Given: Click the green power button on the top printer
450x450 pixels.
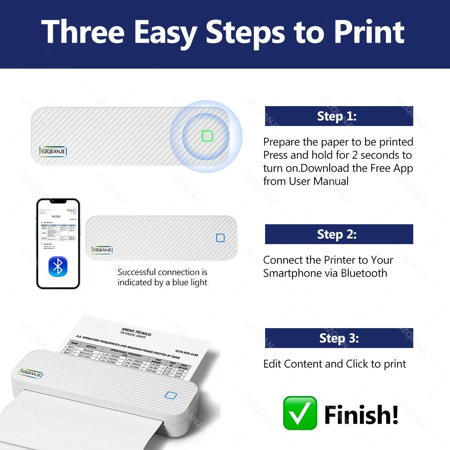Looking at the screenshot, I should point(207,136).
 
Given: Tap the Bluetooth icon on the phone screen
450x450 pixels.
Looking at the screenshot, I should point(58,267).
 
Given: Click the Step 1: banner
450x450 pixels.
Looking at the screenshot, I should point(339,116).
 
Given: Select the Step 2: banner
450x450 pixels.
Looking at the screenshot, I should point(339,234).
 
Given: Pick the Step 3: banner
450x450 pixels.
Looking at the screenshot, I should point(339,338).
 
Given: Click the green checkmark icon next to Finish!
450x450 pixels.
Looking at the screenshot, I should point(300,413).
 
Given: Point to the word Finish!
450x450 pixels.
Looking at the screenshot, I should point(361,415).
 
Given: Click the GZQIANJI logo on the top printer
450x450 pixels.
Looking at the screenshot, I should point(53,151).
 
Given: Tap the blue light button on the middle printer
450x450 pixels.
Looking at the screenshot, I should point(220,238).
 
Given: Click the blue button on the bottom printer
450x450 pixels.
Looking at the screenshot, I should point(171,395).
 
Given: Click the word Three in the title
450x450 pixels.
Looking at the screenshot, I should point(83,32).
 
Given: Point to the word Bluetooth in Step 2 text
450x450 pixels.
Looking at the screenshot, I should point(364,273).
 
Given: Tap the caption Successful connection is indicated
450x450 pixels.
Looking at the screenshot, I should point(162,277).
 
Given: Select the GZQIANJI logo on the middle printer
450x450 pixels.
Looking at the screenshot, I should point(102,250).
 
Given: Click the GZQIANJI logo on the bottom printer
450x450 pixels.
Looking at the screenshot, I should point(31,373).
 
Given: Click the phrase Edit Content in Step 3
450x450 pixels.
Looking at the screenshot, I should point(292,364).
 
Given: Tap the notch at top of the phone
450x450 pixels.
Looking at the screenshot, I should point(58,201).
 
